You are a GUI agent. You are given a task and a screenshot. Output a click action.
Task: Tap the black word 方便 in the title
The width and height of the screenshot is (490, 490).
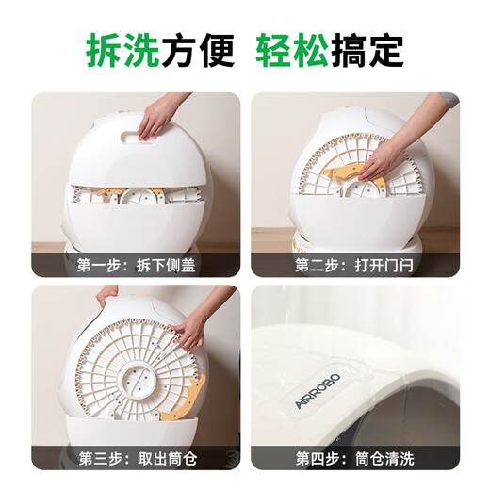(199, 49)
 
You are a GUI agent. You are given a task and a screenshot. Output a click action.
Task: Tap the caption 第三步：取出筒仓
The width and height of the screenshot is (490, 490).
(137, 459)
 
